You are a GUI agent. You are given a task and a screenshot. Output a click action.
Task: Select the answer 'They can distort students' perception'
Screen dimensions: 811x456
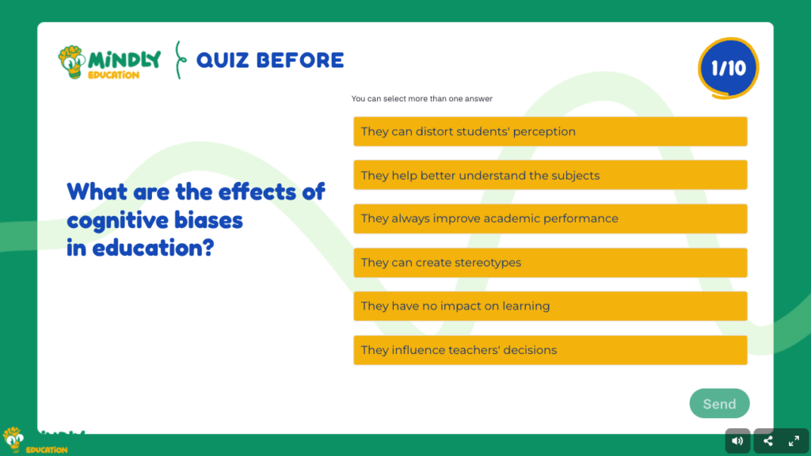tap(550, 131)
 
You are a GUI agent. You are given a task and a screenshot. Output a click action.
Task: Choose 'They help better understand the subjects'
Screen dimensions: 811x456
tap(550, 175)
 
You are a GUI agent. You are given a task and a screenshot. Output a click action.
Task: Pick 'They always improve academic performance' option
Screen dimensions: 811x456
tap(550, 218)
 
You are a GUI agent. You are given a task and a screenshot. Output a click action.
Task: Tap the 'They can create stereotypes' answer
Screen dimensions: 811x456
tap(550, 263)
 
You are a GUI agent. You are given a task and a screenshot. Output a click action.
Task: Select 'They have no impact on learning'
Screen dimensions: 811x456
tap(550, 306)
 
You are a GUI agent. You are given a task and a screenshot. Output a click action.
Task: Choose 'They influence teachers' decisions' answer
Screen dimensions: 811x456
tap(550, 350)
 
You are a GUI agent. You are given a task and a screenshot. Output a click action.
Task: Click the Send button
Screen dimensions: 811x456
tap(719, 403)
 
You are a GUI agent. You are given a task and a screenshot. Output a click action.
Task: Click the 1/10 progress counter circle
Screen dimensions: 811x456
tap(729, 68)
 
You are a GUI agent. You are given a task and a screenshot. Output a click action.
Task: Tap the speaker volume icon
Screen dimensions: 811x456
tap(737, 441)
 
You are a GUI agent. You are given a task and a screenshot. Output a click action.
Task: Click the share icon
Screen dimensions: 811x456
tap(768, 441)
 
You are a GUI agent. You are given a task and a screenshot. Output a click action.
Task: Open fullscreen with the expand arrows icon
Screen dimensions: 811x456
tap(794, 441)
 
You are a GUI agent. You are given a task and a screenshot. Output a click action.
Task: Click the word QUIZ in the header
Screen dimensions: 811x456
tap(223, 60)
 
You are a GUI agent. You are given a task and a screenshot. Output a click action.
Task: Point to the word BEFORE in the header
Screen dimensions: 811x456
tap(300, 60)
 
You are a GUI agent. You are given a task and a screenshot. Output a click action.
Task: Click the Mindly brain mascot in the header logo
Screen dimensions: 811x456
tap(72, 62)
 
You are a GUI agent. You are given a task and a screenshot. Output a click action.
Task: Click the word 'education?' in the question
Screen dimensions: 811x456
tap(153, 249)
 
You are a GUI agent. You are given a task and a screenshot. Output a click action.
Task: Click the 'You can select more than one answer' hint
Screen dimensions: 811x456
tap(422, 99)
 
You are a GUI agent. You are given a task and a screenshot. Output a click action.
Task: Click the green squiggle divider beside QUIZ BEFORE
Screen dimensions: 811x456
tap(180, 60)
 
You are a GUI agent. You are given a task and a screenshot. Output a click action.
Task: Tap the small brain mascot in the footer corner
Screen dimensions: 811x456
tap(13, 440)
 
